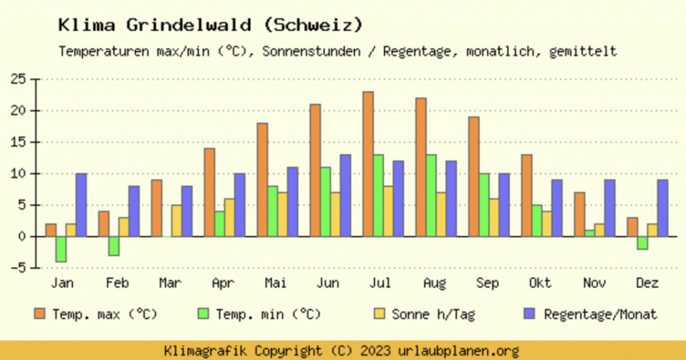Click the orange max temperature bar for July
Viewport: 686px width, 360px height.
tap(368, 164)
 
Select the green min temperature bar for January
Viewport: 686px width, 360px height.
tap(61, 249)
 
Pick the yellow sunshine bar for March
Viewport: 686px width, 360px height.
tap(176, 221)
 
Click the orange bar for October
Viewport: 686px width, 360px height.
tap(527, 195)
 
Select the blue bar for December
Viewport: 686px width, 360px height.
tap(663, 208)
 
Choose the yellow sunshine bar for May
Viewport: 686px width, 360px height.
tap(282, 214)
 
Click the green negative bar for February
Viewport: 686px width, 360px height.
tap(114, 245)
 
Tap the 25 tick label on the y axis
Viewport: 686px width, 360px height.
tap(18, 79)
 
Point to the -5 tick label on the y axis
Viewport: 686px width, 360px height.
tap(18, 268)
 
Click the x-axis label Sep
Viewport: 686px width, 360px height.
tap(488, 284)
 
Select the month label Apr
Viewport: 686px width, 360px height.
tap(222, 284)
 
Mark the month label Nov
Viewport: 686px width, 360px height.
tap(594, 284)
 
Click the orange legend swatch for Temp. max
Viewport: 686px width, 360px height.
tap(41, 314)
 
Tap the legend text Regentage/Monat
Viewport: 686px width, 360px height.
tap(600, 314)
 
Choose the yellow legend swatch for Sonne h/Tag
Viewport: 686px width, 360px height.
tap(380, 314)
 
